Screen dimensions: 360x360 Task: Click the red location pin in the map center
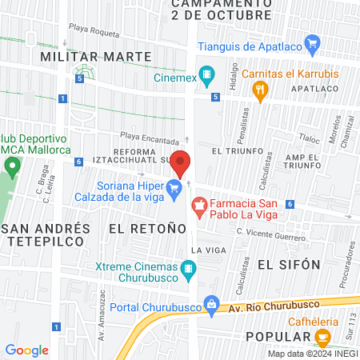181,162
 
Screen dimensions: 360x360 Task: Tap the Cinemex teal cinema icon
207,76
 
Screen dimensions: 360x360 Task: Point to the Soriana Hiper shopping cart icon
174,190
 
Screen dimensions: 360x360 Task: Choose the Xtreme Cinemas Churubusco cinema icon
189,269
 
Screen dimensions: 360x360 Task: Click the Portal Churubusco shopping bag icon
210,303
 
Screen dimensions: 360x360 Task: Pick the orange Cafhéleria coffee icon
323,338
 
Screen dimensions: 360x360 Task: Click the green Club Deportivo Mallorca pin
11,167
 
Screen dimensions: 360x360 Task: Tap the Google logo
26,350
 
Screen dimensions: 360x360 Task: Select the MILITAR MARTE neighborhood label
95,57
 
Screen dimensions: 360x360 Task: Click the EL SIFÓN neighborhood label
288,264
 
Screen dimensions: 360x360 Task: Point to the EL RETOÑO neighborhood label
135,229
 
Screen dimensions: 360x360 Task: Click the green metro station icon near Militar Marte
79,75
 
